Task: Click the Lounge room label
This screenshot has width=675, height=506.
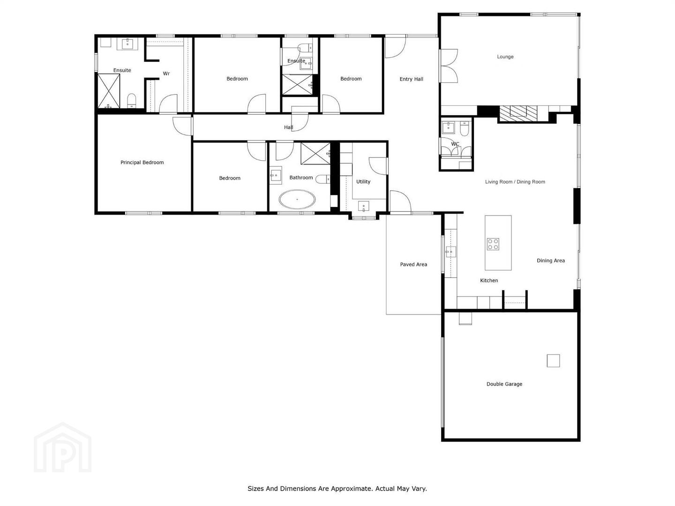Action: (x=505, y=57)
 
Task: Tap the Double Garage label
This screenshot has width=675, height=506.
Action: (x=504, y=384)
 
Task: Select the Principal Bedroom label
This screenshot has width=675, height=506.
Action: (x=142, y=162)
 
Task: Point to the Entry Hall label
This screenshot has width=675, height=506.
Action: (x=411, y=79)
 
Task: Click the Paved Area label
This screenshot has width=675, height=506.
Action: (x=413, y=264)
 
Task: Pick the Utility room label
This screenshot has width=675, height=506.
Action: (x=363, y=182)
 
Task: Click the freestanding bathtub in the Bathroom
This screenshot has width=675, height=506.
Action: (x=297, y=200)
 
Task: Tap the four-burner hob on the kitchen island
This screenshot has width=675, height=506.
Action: (x=493, y=244)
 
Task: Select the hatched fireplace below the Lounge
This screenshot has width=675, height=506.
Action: (x=518, y=113)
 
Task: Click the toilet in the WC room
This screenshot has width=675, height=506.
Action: (x=464, y=128)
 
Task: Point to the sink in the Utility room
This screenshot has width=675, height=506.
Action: (x=363, y=206)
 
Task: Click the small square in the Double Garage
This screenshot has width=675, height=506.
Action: (x=553, y=361)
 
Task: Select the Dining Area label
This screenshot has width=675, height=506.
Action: (x=550, y=260)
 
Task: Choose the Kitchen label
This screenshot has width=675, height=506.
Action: (x=488, y=280)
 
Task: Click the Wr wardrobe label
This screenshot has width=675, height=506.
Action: (x=166, y=74)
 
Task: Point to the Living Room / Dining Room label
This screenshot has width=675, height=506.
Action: (x=515, y=182)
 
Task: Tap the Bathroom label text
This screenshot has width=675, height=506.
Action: (x=301, y=177)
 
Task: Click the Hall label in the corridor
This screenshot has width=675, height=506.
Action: (x=288, y=127)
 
